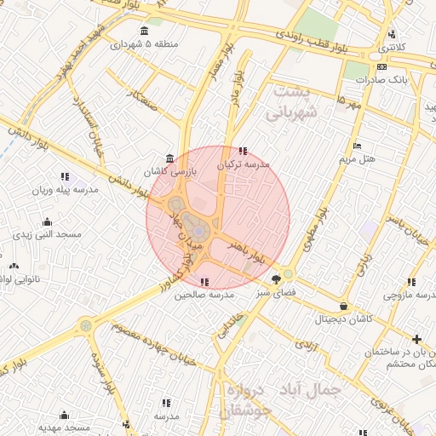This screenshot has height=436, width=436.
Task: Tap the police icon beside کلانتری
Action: click(392, 35)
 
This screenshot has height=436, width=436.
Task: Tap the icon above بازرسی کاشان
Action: click(171, 158)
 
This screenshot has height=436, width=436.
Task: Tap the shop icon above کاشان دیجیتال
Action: click(343, 306)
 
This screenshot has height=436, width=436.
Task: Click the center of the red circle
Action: click(218, 218)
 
